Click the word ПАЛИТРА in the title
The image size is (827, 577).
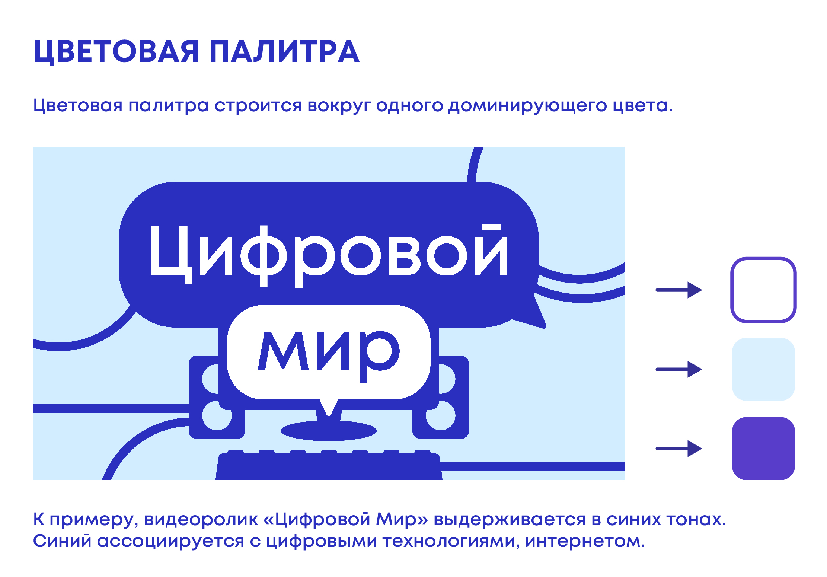coord(284,51)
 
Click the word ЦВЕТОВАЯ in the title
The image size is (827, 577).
coord(116,52)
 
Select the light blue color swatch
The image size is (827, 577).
coord(763,369)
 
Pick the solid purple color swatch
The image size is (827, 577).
coord(763,449)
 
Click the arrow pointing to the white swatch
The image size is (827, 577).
coord(679,290)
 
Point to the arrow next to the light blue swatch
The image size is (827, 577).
coord(679,369)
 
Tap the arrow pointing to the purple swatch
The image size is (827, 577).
coord(679,449)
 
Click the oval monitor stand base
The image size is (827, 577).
coord(329,431)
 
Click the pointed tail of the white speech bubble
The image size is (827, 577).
coord(329,413)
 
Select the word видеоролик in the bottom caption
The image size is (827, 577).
coord(201,519)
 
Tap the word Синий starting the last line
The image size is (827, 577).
coord(62,541)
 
